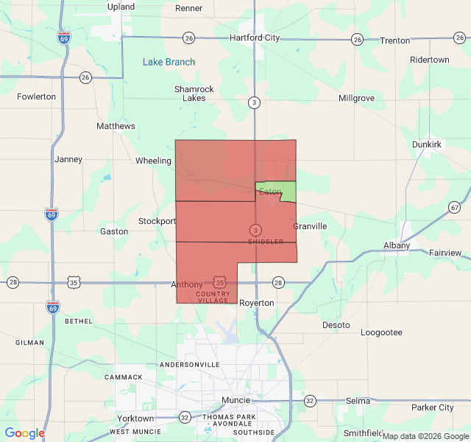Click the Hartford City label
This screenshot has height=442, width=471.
pos(255,38)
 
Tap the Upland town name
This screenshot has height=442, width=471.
pos(121,7)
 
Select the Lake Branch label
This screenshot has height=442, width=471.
pos(169,62)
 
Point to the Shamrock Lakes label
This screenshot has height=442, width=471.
pos(194,94)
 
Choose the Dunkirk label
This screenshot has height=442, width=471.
pos(427,144)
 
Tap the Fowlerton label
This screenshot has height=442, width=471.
pos(36,97)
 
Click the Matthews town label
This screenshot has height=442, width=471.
pos(116,126)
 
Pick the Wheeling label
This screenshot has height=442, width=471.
pos(153,161)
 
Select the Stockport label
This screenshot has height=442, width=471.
pos(157,221)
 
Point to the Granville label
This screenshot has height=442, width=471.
pos(310,226)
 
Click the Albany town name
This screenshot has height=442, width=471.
pos(397,245)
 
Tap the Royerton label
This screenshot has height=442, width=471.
pos(256,303)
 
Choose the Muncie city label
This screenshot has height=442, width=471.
pos(236,400)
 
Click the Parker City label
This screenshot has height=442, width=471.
pos(433,407)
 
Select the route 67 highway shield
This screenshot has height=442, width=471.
pos(454,207)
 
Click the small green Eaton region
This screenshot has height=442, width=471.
pos(280,192)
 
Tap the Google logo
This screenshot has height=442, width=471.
pos(25,433)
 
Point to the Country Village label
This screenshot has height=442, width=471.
pos(213,297)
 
